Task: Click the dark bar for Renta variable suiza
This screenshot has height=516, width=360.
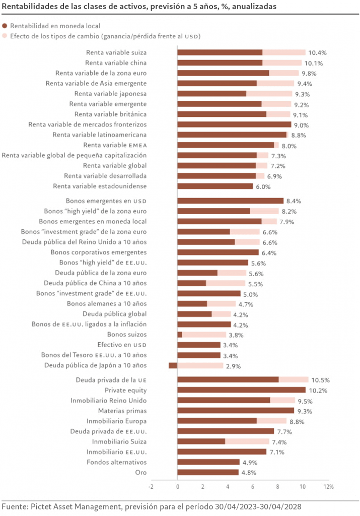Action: click(x=220, y=52)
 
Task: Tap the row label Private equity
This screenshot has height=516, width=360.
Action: click(x=126, y=390)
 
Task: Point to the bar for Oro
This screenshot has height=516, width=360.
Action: click(x=208, y=473)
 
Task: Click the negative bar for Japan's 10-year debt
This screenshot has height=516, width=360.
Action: click(x=173, y=365)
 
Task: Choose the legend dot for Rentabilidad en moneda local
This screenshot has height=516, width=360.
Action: click(x=5, y=26)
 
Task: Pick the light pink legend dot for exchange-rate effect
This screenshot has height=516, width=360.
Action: click(x=5, y=36)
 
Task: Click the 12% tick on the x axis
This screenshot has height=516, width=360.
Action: click(x=328, y=487)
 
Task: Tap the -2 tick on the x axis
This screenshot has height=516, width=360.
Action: click(x=151, y=487)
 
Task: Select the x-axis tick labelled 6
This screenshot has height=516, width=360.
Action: click(x=253, y=487)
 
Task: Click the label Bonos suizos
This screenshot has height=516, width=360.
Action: click(x=127, y=334)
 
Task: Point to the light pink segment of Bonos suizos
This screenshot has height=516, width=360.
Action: click(x=204, y=335)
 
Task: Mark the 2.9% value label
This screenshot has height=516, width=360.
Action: click(x=233, y=366)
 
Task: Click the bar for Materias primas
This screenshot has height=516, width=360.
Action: click(x=236, y=411)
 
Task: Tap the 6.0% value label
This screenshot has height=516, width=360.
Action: click(x=263, y=187)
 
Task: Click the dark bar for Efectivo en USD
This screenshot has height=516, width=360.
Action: click(x=199, y=345)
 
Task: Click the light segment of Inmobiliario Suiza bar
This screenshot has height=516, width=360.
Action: click(x=247, y=441)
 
